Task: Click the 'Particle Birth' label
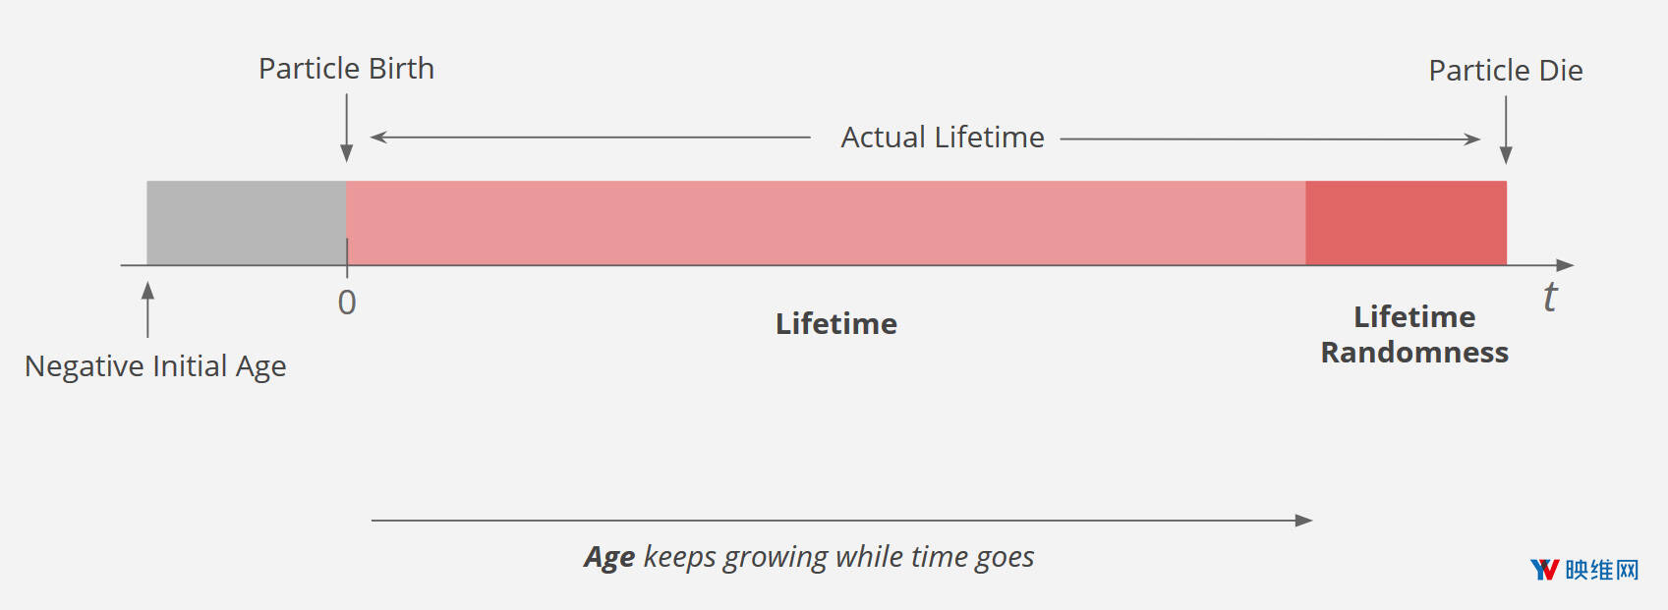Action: [x=346, y=69]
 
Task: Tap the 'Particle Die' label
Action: [x=1506, y=71]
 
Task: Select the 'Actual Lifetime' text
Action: [x=943, y=138]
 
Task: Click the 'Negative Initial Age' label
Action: [x=155, y=366]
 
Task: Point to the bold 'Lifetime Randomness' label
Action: [x=1414, y=335]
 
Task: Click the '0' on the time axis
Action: [x=347, y=303]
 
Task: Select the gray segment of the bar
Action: [x=247, y=222]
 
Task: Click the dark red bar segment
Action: [x=1406, y=222]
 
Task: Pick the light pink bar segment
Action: [x=826, y=222]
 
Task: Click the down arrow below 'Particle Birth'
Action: [x=346, y=128]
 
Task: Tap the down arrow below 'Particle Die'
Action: [x=1506, y=131]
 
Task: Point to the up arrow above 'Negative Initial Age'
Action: [x=148, y=309]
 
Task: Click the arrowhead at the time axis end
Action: [x=1565, y=265]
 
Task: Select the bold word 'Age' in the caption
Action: [x=609, y=557]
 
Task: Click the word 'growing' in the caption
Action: [x=776, y=558]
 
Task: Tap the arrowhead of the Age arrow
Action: [x=1304, y=521]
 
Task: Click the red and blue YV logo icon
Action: [x=1545, y=570]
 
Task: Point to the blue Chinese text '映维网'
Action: [x=1602, y=570]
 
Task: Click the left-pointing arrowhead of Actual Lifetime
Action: [x=378, y=137]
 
